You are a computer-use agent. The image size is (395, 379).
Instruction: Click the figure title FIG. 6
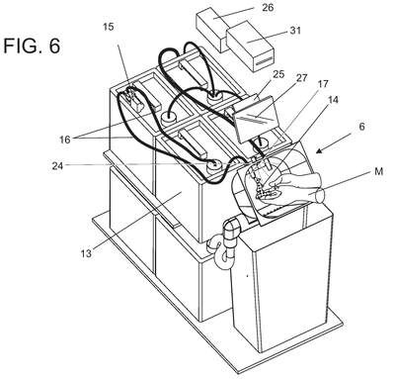click(x=32, y=46)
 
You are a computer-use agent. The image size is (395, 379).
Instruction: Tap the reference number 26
click(x=268, y=8)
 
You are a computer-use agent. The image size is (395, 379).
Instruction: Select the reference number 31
click(x=295, y=31)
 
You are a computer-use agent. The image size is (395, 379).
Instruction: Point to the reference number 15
click(x=109, y=27)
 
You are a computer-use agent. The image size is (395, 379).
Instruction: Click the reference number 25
click(x=278, y=74)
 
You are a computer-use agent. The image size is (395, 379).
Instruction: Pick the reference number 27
click(x=301, y=78)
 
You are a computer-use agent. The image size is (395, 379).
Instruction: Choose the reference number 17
click(x=323, y=84)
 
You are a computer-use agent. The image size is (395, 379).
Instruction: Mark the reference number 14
click(x=333, y=99)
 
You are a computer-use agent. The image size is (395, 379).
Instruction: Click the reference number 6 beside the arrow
click(x=361, y=127)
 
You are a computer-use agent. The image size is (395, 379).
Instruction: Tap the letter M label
click(x=378, y=172)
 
